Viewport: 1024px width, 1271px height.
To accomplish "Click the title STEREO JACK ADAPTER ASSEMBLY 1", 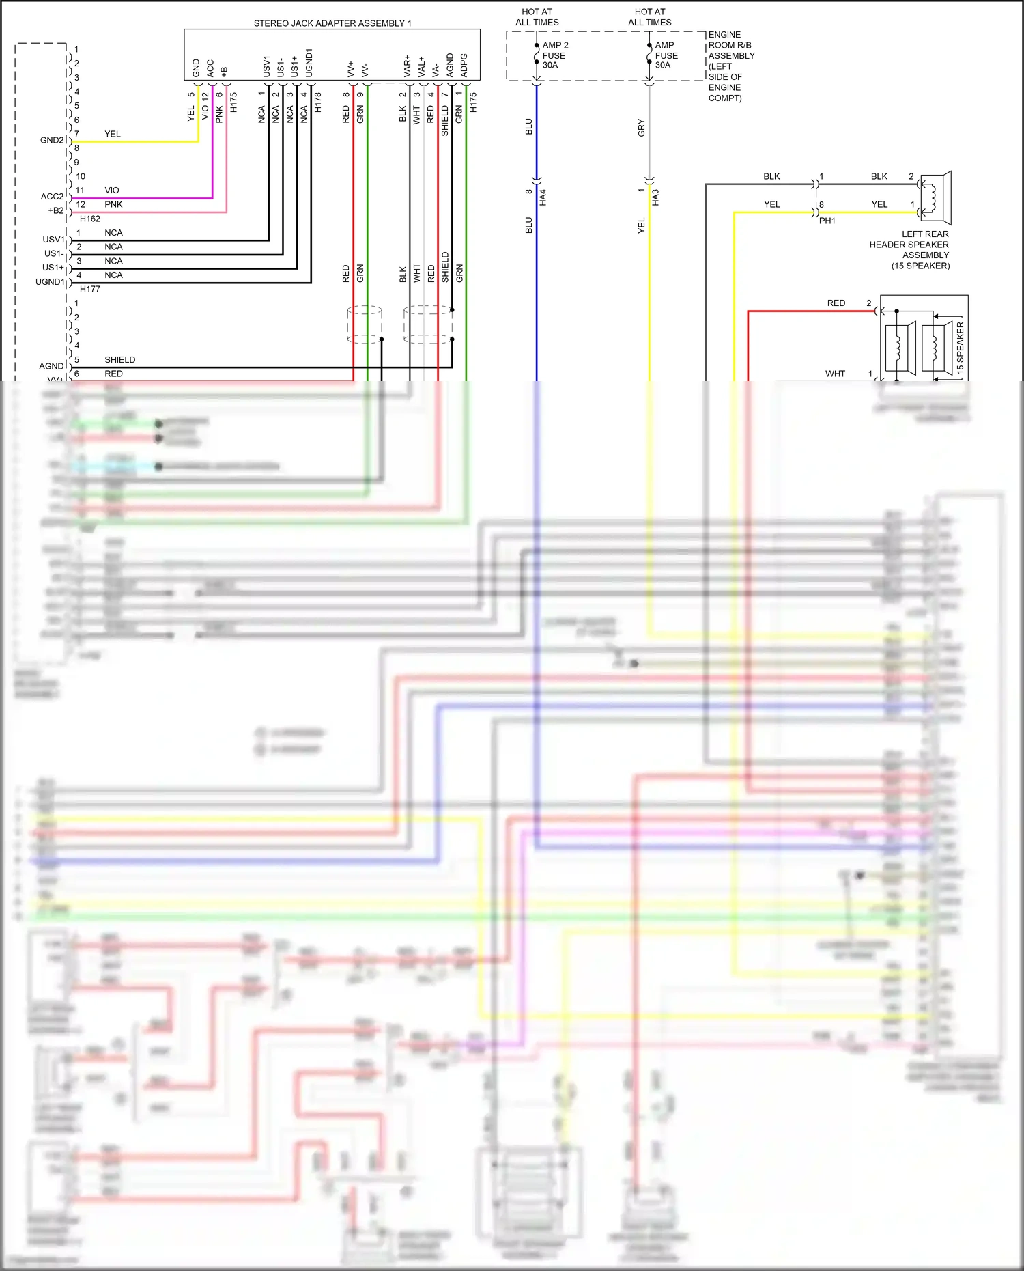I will pyautogui.click(x=332, y=23).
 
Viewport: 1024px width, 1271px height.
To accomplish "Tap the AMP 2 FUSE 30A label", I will pyautogui.click(x=554, y=55).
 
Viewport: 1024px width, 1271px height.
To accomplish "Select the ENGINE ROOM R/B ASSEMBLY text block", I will pyautogui.click(x=731, y=66).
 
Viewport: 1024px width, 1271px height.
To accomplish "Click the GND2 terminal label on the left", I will pyautogui.click(x=52, y=140).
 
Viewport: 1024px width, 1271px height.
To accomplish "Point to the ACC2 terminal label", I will pyautogui.click(x=52, y=197).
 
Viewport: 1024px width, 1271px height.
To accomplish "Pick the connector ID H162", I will pyautogui.click(x=89, y=219).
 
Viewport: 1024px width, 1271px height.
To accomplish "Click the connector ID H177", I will pyautogui.click(x=89, y=289).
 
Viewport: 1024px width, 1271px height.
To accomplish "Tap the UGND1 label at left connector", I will pyautogui.click(x=50, y=282).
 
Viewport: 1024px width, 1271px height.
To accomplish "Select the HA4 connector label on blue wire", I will pyautogui.click(x=543, y=198).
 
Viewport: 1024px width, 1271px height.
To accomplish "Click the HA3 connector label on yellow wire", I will pyautogui.click(x=655, y=198).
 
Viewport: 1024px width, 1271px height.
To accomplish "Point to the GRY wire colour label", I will pyautogui.click(x=641, y=128).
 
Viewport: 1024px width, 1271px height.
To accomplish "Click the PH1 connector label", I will pyautogui.click(x=827, y=221).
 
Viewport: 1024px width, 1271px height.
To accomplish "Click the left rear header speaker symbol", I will pyautogui.click(x=936, y=198).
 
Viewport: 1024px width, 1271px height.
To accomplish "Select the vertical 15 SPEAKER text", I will pyautogui.click(x=960, y=347).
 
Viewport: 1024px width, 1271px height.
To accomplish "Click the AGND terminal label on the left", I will pyautogui.click(x=51, y=366).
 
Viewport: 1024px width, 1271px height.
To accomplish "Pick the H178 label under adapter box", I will pyautogui.click(x=317, y=102).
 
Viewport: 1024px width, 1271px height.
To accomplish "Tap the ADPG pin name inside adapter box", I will pyautogui.click(x=464, y=65).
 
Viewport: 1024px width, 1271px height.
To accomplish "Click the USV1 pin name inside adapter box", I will pyautogui.click(x=267, y=66).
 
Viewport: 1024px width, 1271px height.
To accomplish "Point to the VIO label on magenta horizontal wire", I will pyautogui.click(x=112, y=191).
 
